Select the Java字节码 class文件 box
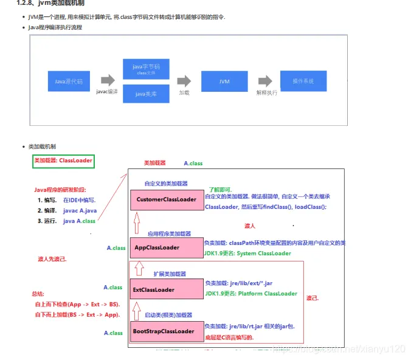point(145,69)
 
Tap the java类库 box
point(145,94)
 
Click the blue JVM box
point(225,80)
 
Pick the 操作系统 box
point(303,80)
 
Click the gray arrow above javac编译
point(108,80)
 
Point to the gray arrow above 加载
point(184,80)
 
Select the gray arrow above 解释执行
point(265,80)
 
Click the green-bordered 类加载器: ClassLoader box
point(64,161)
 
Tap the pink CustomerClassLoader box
point(166,199)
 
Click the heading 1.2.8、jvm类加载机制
point(46,4)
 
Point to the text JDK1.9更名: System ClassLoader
point(247,253)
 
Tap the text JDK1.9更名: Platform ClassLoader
point(250,294)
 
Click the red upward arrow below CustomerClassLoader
point(137,220)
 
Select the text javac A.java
point(80,210)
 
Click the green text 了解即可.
point(220,189)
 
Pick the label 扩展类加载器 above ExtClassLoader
point(170,274)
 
